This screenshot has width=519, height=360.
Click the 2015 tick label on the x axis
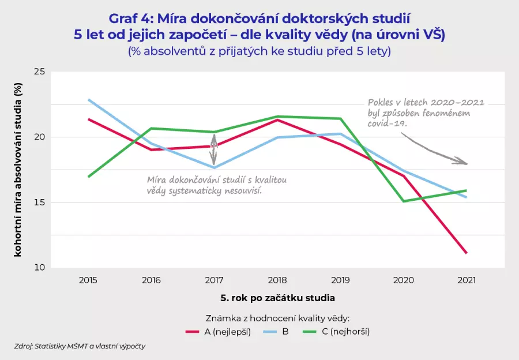click(x=88, y=280)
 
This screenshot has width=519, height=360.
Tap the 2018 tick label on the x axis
click(x=277, y=280)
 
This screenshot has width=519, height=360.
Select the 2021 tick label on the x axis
click(x=467, y=280)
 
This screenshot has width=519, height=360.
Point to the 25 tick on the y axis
click(x=39, y=72)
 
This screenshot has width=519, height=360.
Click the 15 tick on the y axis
click(x=39, y=202)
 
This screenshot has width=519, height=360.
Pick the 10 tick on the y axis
click(x=39, y=268)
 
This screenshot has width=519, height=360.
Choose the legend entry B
click(x=285, y=332)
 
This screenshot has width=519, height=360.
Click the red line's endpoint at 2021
click(x=467, y=253)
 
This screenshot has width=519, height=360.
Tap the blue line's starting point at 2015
click(x=88, y=99)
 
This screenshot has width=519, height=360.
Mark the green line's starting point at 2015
click(x=88, y=177)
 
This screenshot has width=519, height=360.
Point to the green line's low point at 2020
click(x=404, y=201)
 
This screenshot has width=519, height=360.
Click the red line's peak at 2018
click(x=277, y=119)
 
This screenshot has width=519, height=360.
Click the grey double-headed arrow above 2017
click(x=214, y=150)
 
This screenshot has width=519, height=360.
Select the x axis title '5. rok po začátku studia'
click(x=277, y=299)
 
